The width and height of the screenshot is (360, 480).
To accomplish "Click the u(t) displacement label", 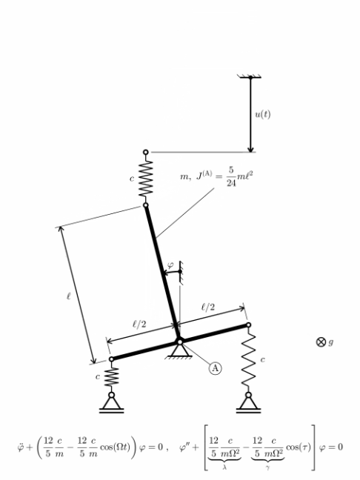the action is (263, 114).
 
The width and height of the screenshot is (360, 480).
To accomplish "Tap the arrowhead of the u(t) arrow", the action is (250, 149).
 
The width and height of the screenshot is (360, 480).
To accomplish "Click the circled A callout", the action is (216, 368).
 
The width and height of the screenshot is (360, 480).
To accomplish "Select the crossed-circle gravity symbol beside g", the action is (321, 341).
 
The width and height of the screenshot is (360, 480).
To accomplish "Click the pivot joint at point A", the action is (180, 341).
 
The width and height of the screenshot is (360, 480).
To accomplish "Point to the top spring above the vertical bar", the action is (146, 179).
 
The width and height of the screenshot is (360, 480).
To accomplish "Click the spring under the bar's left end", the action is (111, 377).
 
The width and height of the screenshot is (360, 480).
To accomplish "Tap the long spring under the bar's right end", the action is (249, 360).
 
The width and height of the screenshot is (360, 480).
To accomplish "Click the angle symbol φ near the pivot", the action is (170, 264).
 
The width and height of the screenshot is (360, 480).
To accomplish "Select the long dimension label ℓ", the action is (69, 296).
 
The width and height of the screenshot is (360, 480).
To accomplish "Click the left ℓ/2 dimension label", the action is (139, 324).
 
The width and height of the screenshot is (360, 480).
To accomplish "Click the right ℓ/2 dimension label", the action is (208, 307).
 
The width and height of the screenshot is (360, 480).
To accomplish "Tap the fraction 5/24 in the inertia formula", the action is (231, 176).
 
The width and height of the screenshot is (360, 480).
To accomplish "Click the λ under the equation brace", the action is (224, 467).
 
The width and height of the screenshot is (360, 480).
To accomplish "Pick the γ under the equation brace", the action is (267, 467).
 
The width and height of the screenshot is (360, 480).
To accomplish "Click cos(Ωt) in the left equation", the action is (115, 447).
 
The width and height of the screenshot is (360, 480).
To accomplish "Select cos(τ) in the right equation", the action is (299, 447).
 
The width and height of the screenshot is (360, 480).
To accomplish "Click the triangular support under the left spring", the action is (111, 403).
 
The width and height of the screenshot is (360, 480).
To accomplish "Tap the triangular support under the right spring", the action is (249, 403).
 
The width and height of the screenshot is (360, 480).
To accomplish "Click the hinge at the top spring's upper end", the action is (146, 152).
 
